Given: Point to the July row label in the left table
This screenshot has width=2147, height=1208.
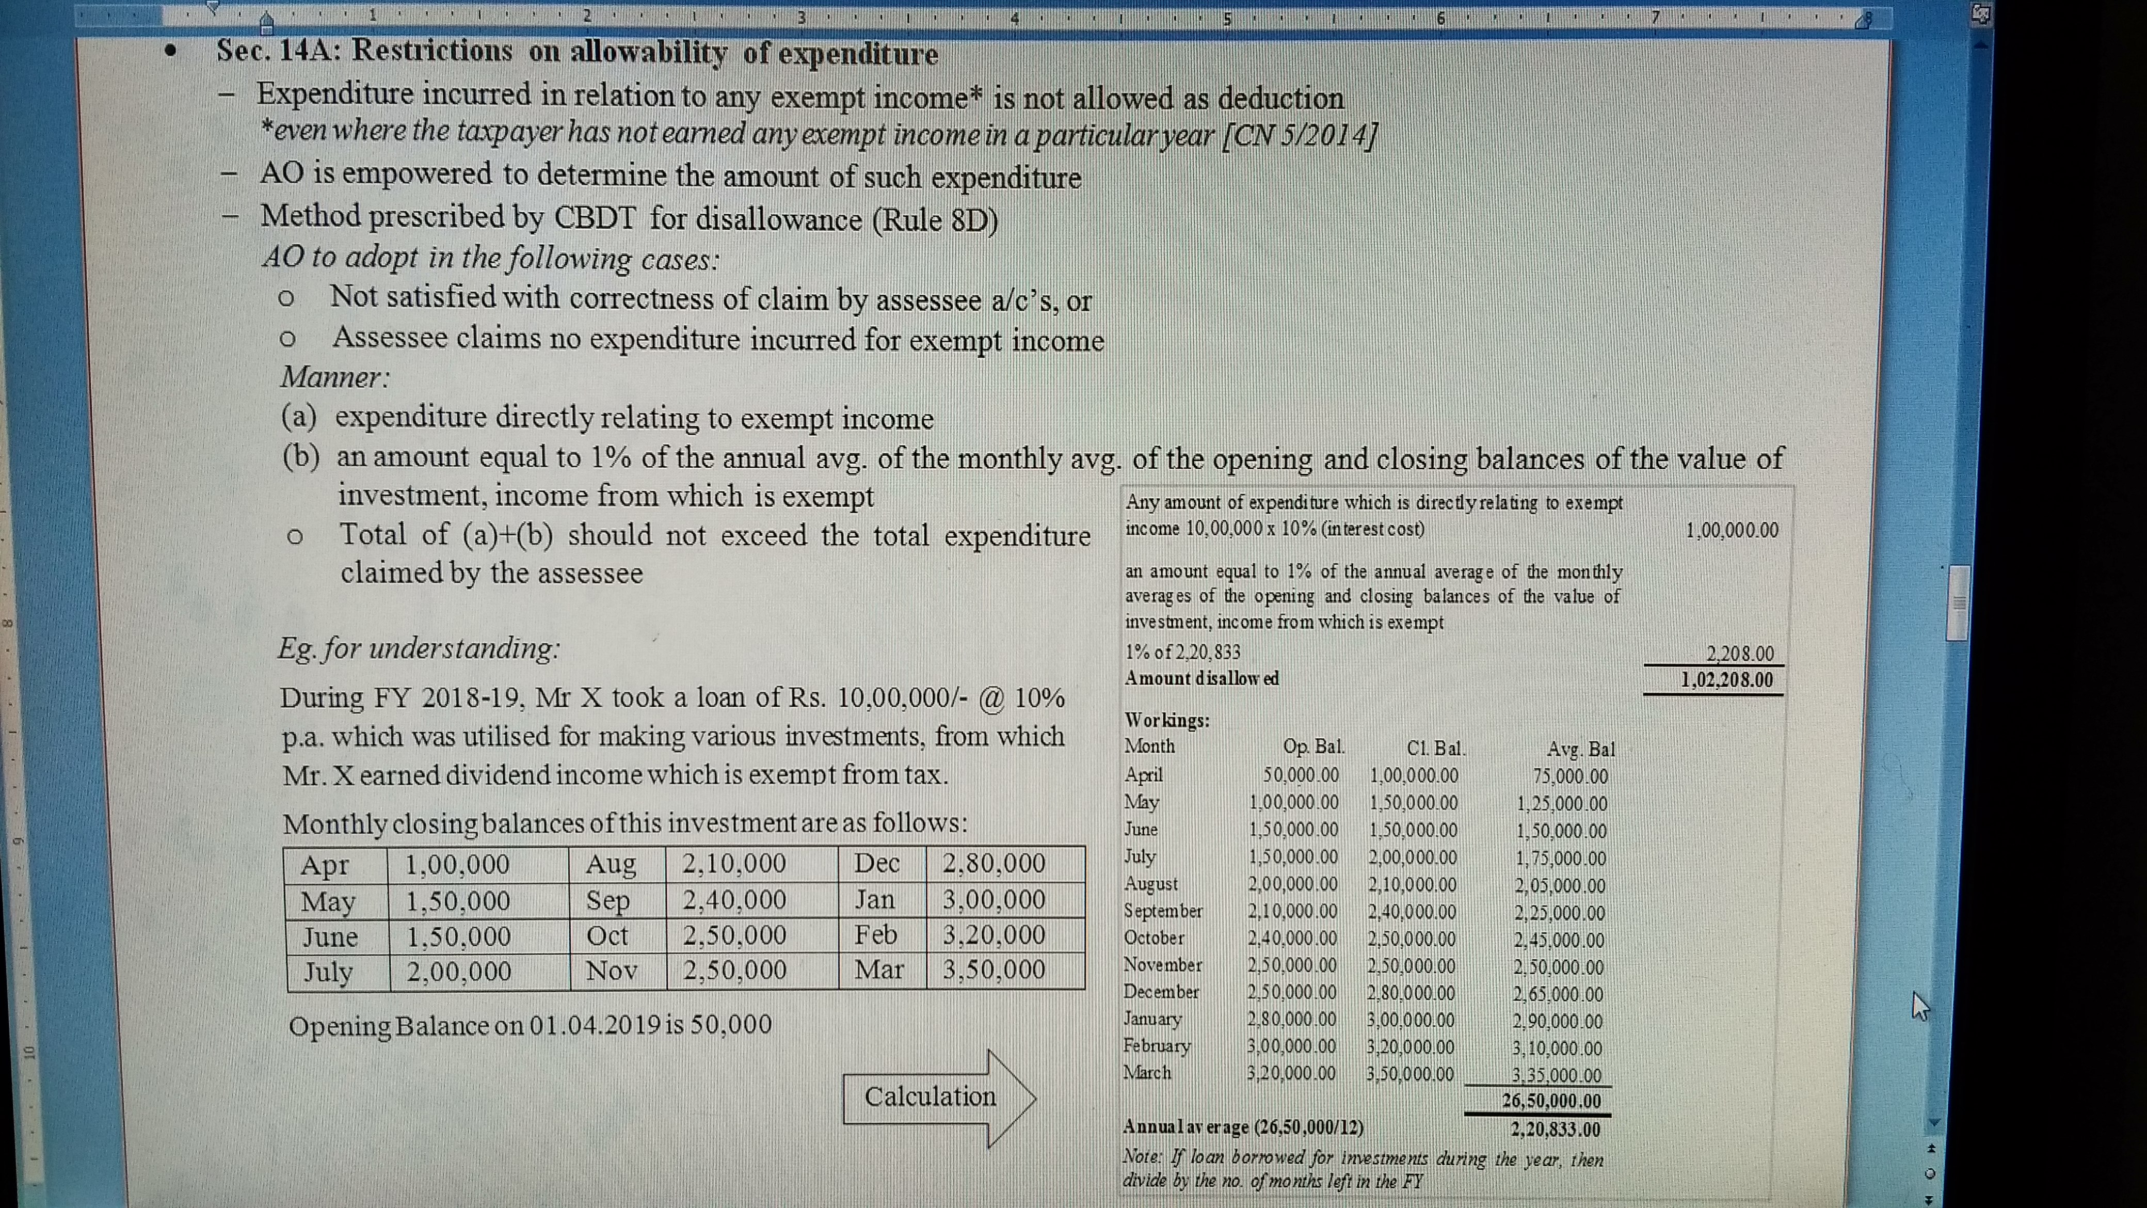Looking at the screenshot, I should [x=328, y=972].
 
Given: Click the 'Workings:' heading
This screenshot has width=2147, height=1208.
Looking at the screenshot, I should [x=1167, y=720].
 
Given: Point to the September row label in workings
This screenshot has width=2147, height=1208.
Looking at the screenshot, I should [x=1163, y=910].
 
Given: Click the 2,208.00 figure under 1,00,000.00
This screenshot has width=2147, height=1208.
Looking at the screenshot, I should [x=1740, y=654].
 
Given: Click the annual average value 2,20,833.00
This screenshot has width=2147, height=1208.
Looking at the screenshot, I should [x=1555, y=1130].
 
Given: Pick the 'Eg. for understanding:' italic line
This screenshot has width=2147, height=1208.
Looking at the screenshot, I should [x=419, y=648].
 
